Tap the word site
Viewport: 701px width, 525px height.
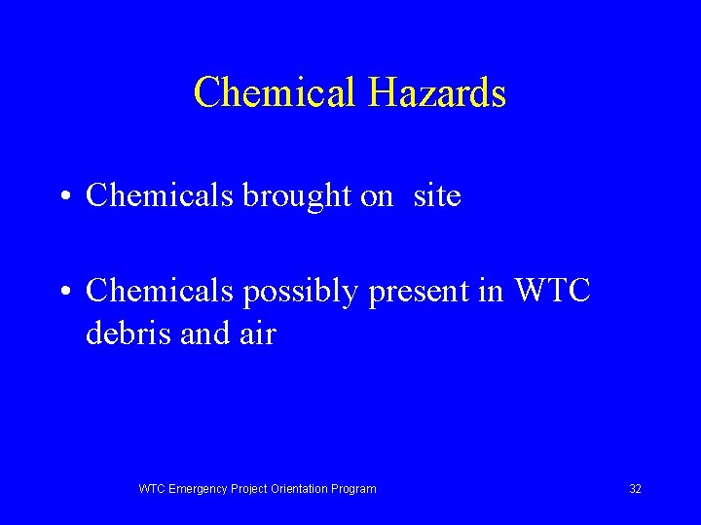(x=436, y=196)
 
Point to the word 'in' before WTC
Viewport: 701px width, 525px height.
(x=492, y=291)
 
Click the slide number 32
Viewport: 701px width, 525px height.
(x=635, y=489)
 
